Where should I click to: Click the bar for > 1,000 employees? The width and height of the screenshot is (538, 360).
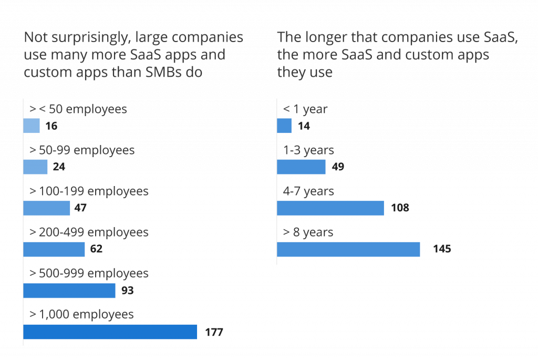click(110, 332)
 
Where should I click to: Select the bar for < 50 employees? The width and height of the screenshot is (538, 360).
click(32, 126)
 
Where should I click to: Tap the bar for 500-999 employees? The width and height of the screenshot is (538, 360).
click(69, 291)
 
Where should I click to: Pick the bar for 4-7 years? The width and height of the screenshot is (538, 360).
click(330, 208)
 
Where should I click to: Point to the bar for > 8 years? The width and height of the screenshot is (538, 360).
click(348, 249)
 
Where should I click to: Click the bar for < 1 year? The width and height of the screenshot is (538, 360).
click(284, 126)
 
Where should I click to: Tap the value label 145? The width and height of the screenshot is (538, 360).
click(441, 249)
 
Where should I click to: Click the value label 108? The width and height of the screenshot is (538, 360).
click(400, 208)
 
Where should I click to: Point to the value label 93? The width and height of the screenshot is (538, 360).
click(127, 291)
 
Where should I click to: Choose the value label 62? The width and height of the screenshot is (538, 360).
click(96, 249)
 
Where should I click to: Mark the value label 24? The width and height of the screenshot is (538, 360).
click(59, 167)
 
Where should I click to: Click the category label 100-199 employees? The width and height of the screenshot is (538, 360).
click(89, 191)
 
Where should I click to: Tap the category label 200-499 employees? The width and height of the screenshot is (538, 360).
click(89, 232)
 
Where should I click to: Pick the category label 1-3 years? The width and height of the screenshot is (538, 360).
click(308, 150)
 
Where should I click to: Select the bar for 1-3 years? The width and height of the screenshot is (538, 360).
click(301, 167)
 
